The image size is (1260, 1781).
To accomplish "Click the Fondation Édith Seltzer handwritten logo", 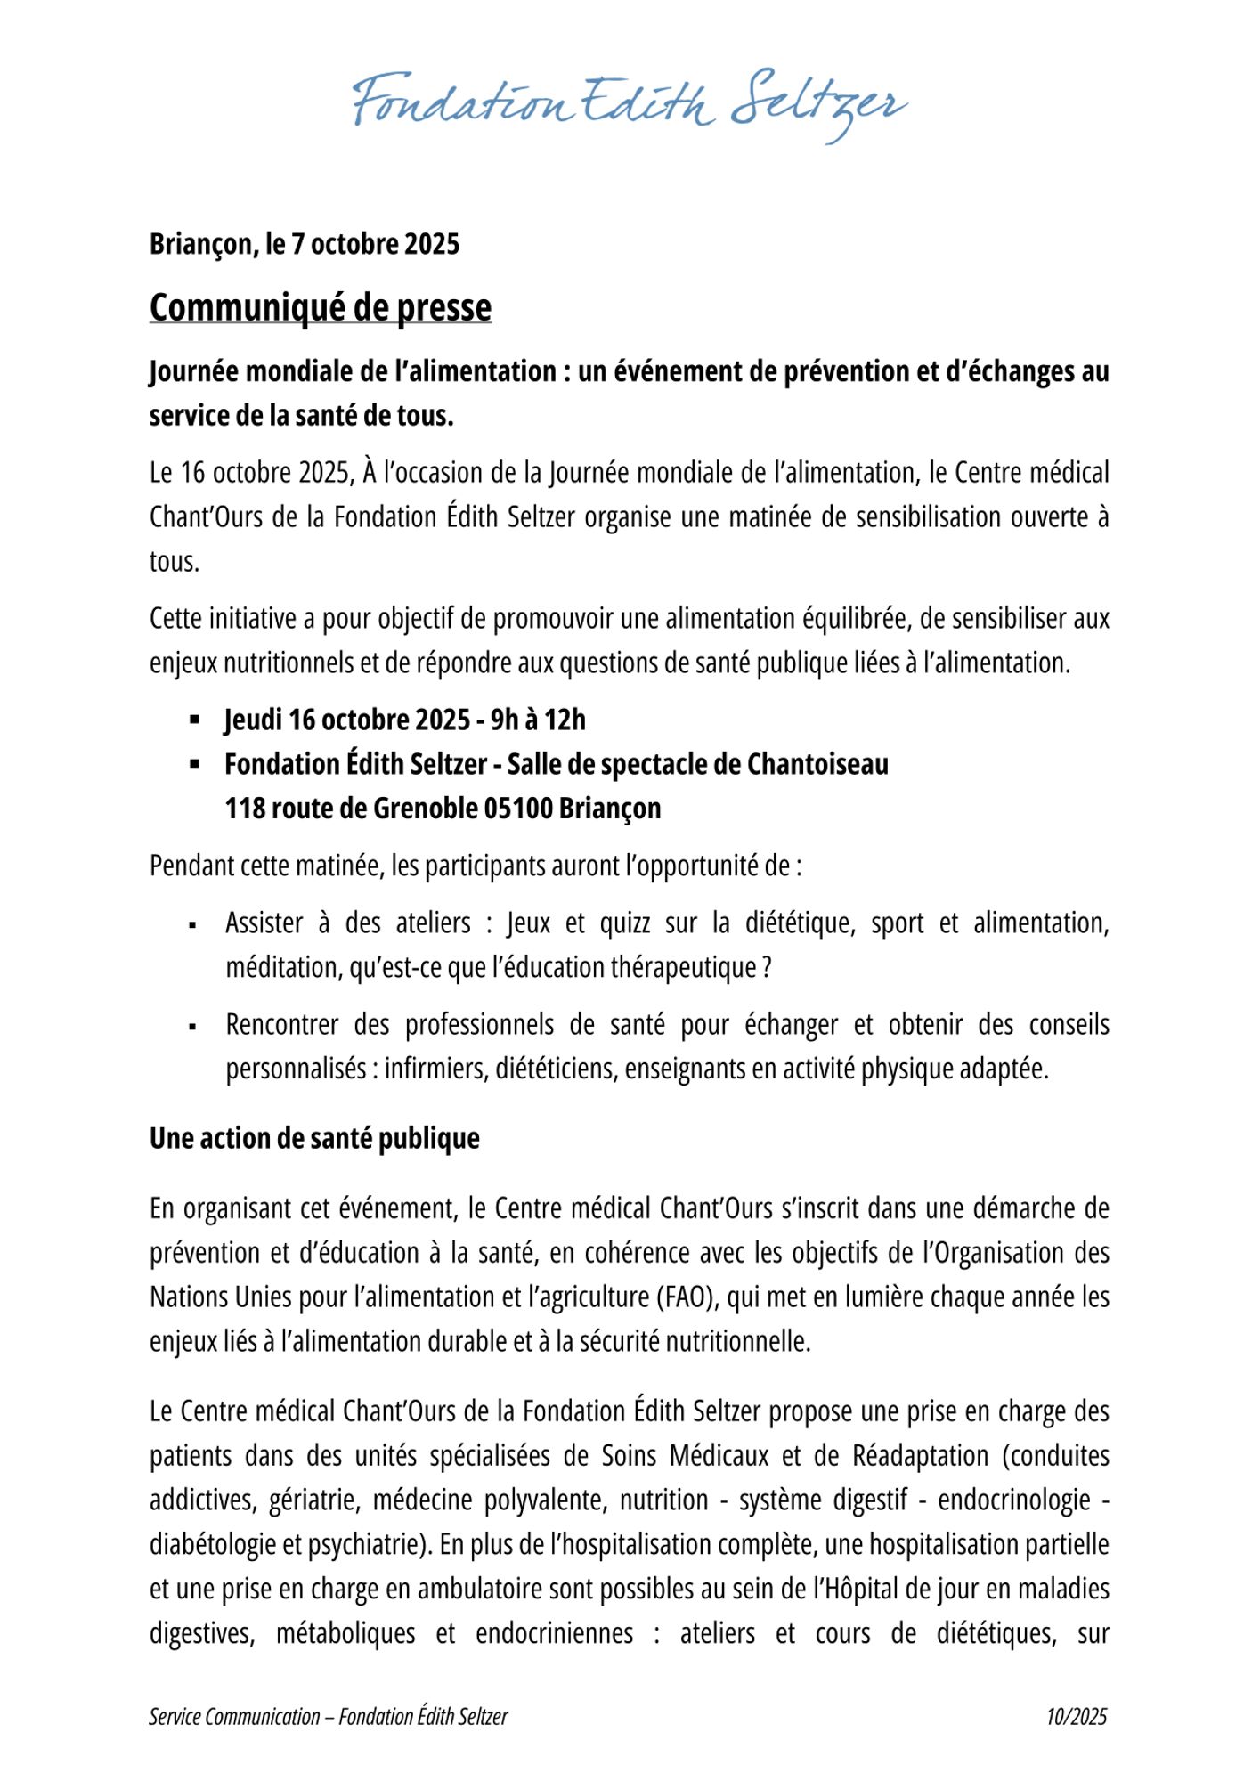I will (630, 105).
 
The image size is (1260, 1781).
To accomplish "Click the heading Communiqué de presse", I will (320, 307).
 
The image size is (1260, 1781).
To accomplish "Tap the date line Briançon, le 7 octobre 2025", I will (304, 244).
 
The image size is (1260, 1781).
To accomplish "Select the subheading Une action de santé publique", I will (314, 1138).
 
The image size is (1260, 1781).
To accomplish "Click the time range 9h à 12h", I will (538, 720).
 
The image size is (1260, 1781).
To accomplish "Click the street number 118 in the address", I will (244, 809).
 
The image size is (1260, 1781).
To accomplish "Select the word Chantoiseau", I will (817, 764).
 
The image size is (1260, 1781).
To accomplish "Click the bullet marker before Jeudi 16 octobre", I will (193, 720).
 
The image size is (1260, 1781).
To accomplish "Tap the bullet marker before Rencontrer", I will (192, 1026).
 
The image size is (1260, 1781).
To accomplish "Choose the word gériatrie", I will (308, 1500).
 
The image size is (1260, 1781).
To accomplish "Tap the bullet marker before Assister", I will (192, 924).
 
